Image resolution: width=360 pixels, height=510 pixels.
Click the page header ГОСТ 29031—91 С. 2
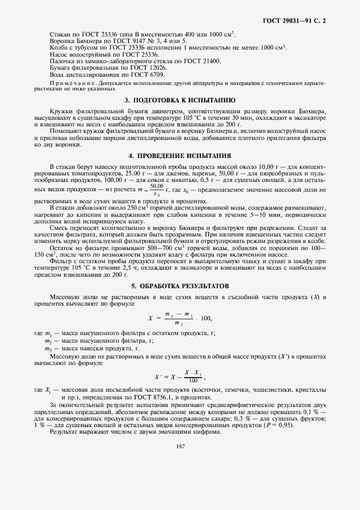coord(298,21)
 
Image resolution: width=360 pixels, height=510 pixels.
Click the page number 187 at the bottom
coord(181,446)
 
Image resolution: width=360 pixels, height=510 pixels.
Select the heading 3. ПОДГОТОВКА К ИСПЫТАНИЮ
coord(180,100)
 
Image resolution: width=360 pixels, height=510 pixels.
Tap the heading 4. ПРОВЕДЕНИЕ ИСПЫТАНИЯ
coord(180,155)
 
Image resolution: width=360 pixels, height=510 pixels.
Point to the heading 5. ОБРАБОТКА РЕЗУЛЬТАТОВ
coord(180,286)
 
